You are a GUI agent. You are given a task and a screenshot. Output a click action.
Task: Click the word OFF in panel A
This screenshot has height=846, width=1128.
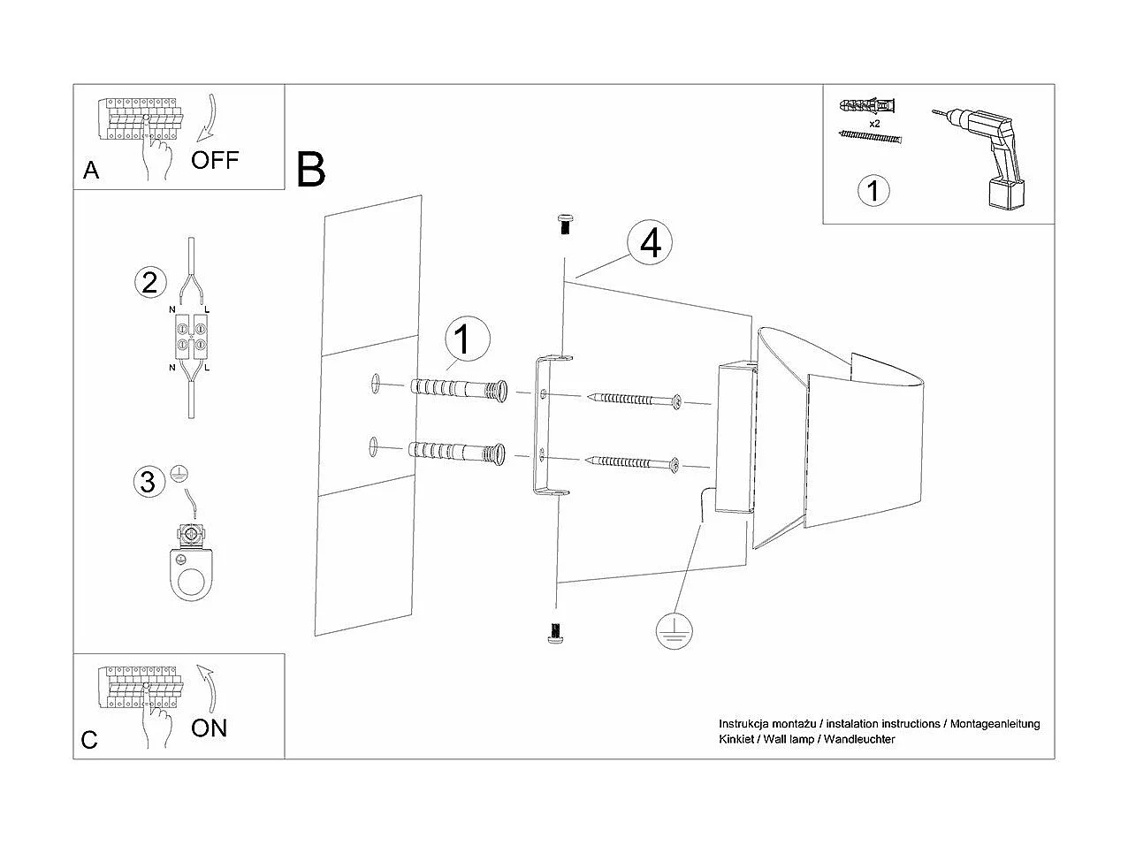(x=215, y=160)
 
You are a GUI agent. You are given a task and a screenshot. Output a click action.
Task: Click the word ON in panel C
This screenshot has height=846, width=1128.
(x=210, y=728)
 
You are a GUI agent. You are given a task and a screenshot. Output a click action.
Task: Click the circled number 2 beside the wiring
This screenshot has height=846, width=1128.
(x=149, y=282)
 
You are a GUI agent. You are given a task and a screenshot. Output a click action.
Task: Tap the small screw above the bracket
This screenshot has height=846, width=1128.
(x=562, y=222)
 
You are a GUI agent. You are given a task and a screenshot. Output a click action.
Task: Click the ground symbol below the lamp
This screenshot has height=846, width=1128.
(x=675, y=630)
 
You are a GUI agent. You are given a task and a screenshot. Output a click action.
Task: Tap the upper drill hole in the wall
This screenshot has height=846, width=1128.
(x=374, y=382)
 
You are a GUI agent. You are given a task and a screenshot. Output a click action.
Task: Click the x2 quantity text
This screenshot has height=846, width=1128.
(x=873, y=124)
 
